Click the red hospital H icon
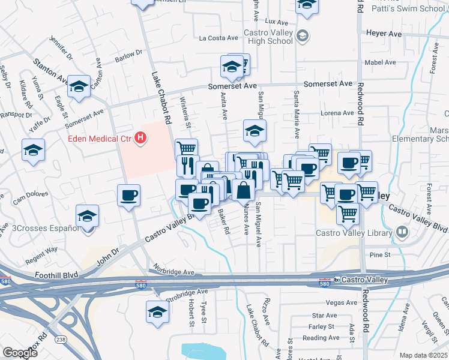(x=140, y=139)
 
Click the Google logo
(x=20, y=353)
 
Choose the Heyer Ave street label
(x=384, y=34)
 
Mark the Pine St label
(x=380, y=255)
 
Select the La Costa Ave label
(x=219, y=38)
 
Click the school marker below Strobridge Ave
(x=157, y=312)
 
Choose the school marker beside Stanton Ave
(x=79, y=87)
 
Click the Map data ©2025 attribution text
(x=424, y=355)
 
